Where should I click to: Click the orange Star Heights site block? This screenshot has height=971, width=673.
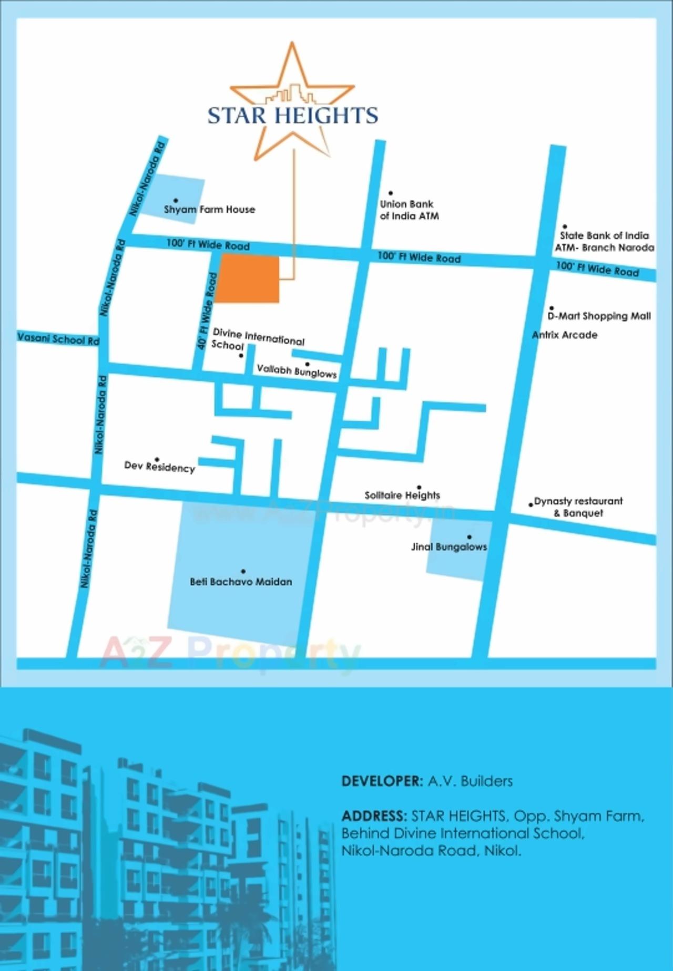[x=248, y=278]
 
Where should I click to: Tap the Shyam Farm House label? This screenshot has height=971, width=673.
[x=209, y=210]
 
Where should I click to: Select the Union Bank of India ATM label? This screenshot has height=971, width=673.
[x=409, y=210]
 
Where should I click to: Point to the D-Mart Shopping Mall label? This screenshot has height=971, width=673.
[x=599, y=316]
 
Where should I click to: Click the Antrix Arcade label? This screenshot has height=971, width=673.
[x=565, y=335]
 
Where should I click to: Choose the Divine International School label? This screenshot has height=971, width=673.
[x=257, y=339]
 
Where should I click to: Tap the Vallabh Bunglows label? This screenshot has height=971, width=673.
[x=297, y=371]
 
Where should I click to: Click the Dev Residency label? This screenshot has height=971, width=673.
[x=159, y=467]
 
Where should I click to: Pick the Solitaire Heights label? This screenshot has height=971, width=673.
[x=402, y=495]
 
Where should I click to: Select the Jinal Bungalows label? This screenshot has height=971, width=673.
[x=449, y=546]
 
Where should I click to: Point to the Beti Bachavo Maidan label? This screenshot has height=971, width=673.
[x=241, y=582]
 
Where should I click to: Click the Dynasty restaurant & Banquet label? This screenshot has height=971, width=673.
[x=578, y=507]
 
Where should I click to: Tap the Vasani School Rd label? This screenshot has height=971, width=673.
[x=58, y=338]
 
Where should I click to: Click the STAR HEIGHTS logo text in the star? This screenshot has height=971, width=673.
[x=292, y=115]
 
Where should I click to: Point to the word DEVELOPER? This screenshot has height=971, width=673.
[x=382, y=781]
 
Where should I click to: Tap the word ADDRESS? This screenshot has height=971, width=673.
[x=374, y=816]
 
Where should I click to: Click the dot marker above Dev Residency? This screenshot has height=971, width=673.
[x=157, y=459]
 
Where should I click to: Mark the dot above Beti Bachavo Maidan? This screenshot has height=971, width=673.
[x=243, y=571]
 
